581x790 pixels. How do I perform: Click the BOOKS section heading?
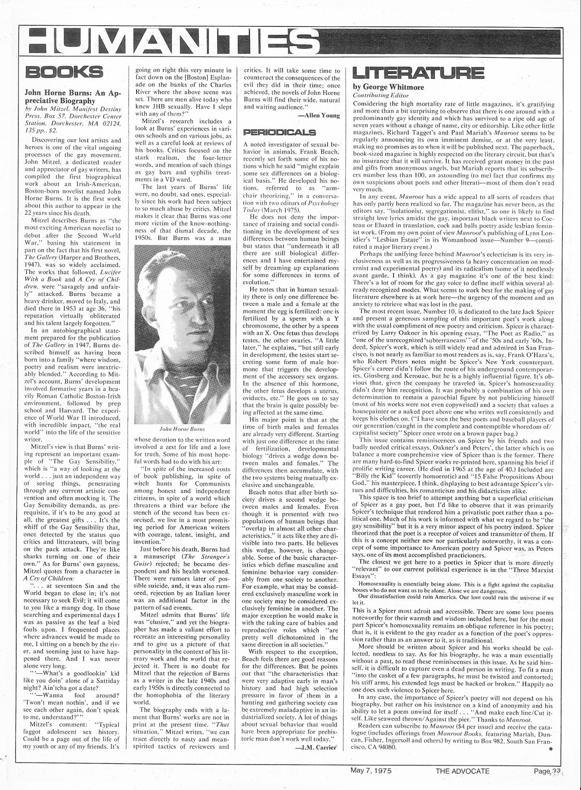point(64,72)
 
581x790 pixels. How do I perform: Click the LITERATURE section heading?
point(418,72)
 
